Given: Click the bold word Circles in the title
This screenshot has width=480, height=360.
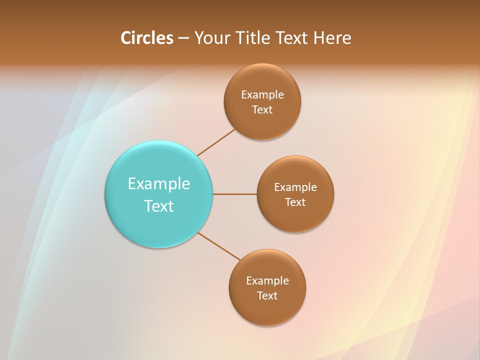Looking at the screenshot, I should [147, 38].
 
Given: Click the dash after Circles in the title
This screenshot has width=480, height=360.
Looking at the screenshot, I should [183, 38].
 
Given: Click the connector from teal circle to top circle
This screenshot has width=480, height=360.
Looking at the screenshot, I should [216, 142].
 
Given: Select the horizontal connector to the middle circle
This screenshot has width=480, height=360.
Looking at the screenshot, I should [235, 194].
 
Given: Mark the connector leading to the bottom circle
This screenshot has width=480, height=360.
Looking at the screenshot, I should [219, 246].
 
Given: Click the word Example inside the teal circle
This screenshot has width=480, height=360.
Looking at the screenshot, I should [159, 184].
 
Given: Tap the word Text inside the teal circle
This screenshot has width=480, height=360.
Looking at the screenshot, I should [159, 206].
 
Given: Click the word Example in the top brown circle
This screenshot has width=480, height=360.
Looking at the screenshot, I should [262, 95].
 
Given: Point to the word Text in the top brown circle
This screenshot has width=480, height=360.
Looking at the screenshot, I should [262, 110].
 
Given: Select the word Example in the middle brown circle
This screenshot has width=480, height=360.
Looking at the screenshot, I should [295, 187].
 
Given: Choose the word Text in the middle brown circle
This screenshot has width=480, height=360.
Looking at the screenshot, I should [295, 202].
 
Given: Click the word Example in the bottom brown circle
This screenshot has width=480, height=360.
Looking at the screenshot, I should [267, 281].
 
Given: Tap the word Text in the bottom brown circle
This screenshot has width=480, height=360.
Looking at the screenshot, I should [267, 296].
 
